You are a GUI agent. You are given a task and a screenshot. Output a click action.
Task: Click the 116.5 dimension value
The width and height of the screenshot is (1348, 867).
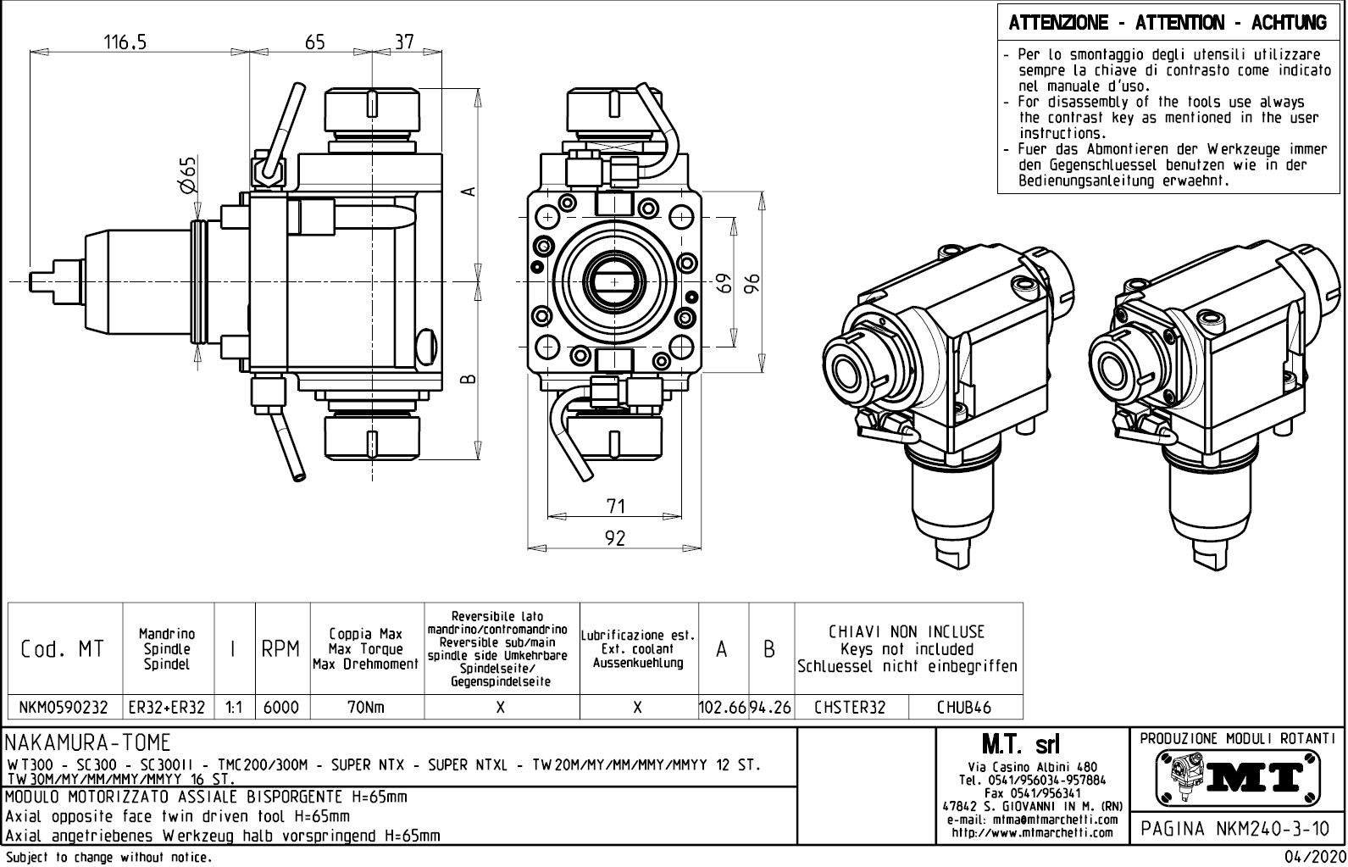[125, 42]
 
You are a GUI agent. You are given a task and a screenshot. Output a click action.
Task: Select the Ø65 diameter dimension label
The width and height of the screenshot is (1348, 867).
[187, 176]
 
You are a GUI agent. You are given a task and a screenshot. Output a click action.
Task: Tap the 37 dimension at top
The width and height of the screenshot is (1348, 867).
[405, 42]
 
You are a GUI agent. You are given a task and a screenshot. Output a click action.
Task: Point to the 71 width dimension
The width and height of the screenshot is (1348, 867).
[616, 506]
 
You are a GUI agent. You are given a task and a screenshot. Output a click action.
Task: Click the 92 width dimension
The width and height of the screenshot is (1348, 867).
[616, 538]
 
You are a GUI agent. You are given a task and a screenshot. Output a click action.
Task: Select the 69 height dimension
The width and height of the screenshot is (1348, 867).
[723, 283]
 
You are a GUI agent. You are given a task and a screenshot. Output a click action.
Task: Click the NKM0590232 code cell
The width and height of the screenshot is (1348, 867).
[64, 707]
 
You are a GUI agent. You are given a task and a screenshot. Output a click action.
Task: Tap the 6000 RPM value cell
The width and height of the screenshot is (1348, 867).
[281, 707]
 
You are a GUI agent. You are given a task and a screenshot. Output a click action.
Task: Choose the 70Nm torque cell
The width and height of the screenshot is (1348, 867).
[366, 707]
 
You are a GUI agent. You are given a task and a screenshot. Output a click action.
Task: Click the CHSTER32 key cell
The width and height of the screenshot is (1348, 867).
[850, 707]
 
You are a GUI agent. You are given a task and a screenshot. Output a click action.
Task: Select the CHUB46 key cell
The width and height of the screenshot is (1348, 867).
[964, 707]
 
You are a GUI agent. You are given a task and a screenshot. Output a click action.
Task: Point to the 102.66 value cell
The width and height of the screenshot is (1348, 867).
[722, 707]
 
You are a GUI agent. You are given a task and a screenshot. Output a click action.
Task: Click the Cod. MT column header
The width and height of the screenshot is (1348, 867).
[62, 649]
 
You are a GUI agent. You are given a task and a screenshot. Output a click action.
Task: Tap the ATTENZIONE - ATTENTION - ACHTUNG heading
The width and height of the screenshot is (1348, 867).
[1168, 23]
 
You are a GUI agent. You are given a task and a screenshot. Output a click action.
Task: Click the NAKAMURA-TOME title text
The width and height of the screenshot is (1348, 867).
[88, 743]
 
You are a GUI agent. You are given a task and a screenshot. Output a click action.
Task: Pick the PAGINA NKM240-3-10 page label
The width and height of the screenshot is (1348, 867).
[1236, 828]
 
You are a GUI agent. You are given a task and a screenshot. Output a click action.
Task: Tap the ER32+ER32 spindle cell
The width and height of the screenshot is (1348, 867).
[167, 707]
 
